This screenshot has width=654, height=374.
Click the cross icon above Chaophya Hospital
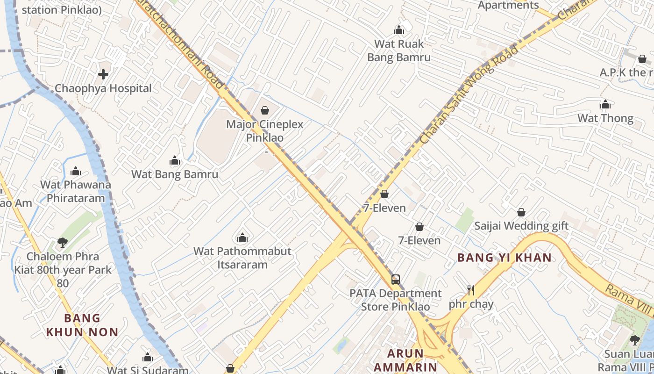[x=103, y=74]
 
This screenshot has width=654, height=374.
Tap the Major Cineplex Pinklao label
[x=264, y=131]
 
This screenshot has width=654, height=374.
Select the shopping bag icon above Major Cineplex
[x=265, y=110]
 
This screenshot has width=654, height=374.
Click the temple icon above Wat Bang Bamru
[x=175, y=161]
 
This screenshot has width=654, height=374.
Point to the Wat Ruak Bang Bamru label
[x=399, y=50]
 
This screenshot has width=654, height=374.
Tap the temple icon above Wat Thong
[x=605, y=104]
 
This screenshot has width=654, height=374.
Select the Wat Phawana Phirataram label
[x=76, y=191]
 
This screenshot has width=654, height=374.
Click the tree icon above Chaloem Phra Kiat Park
[x=63, y=242]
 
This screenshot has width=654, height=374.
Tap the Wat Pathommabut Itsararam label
[x=242, y=258]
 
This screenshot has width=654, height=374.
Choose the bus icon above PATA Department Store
[x=396, y=280]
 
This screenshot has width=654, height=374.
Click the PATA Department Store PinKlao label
[x=395, y=300]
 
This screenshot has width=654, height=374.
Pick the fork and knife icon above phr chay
[x=471, y=290]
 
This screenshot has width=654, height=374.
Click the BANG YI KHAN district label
[x=505, y=258]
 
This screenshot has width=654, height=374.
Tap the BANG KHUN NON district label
[x=82, y=325]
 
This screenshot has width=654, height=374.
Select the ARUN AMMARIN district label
[x=405, y=360]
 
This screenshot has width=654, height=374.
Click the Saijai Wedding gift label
[x=521, y=226]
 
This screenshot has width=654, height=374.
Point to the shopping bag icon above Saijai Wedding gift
[x=521, y=213]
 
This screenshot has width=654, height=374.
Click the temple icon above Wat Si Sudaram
[x=148, y=358]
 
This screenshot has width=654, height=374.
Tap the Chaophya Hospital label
[x=103, y=88]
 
